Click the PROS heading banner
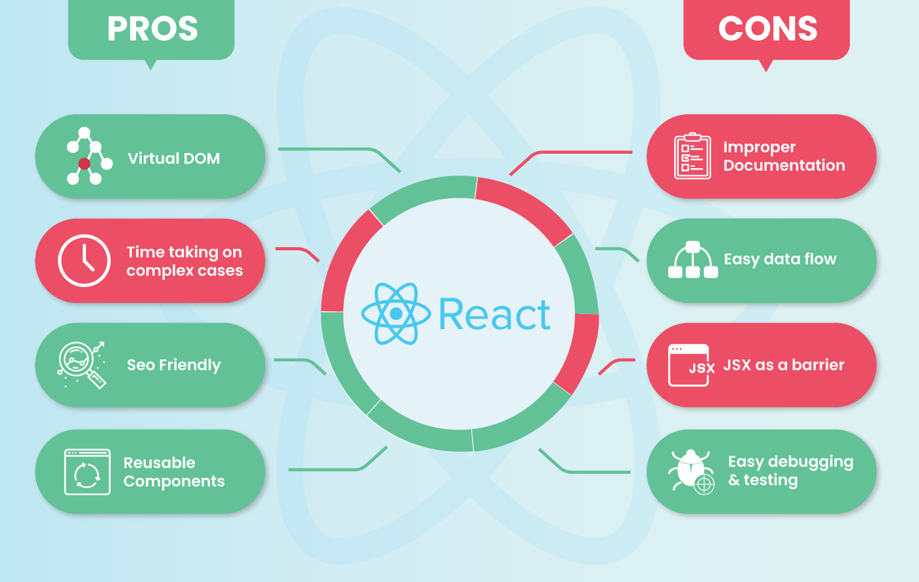point(152,30)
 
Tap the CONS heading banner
point(767,30)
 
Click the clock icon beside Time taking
point(84,260)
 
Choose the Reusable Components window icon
point(87,472)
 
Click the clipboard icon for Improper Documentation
point(692,156)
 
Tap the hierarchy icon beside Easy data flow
point(693,260)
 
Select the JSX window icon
point(689,365)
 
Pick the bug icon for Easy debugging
point(691,471)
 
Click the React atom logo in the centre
point(396,314)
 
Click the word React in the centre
point(494,315)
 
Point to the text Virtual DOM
point(174,158)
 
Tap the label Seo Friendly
point(174,365)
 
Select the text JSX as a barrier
point(784,365)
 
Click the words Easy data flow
point(780,259)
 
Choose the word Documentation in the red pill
point(784,166)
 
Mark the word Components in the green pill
point(174,481)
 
